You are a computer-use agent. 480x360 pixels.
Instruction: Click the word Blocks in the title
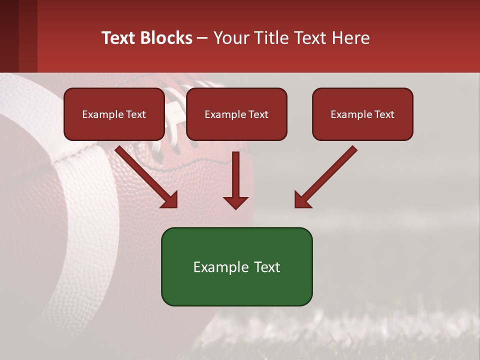tap(166, 37)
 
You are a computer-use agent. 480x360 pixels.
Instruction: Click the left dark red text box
tap(114, 114)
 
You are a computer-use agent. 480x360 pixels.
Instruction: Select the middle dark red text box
tap(236, 114)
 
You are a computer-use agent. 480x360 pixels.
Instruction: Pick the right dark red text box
tap(362, 114)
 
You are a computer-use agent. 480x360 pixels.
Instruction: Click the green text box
tap(236, 266)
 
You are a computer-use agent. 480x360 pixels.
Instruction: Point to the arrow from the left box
tap(145, 175)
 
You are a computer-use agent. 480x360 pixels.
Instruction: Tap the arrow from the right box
tap(327, 175)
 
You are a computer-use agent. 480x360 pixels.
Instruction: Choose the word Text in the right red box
tap(384, 114)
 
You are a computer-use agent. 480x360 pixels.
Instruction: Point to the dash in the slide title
tap(202, 38)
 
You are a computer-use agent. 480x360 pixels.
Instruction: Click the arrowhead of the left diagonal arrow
tap(170, 200)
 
